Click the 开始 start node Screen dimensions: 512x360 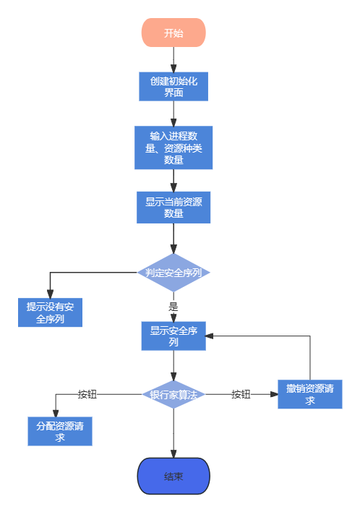pos(173,33)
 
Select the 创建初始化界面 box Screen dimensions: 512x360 pos(173,87)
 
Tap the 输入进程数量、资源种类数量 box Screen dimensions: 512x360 pos(173,148)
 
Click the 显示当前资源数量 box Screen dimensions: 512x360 pos(173,208)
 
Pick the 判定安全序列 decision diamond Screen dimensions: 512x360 pos(173,273)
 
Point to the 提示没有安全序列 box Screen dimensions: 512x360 pos(50,312)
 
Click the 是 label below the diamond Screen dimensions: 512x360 pos(173,305)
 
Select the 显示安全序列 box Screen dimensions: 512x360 pos(173,336)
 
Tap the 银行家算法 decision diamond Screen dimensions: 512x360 pos(173,394)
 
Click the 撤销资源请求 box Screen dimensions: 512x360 pos(309,394)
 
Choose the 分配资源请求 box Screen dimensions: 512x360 pos(60,431)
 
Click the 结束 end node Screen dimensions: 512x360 pos(173,476)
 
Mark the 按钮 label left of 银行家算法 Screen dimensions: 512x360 pos(87,394)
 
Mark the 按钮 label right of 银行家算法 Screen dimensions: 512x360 pos(241,394)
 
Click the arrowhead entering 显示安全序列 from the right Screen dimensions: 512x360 pos(210,336)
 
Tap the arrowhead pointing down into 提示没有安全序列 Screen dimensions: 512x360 pos(50,292)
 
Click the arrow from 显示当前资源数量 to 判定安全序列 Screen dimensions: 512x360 pos(173,238)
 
